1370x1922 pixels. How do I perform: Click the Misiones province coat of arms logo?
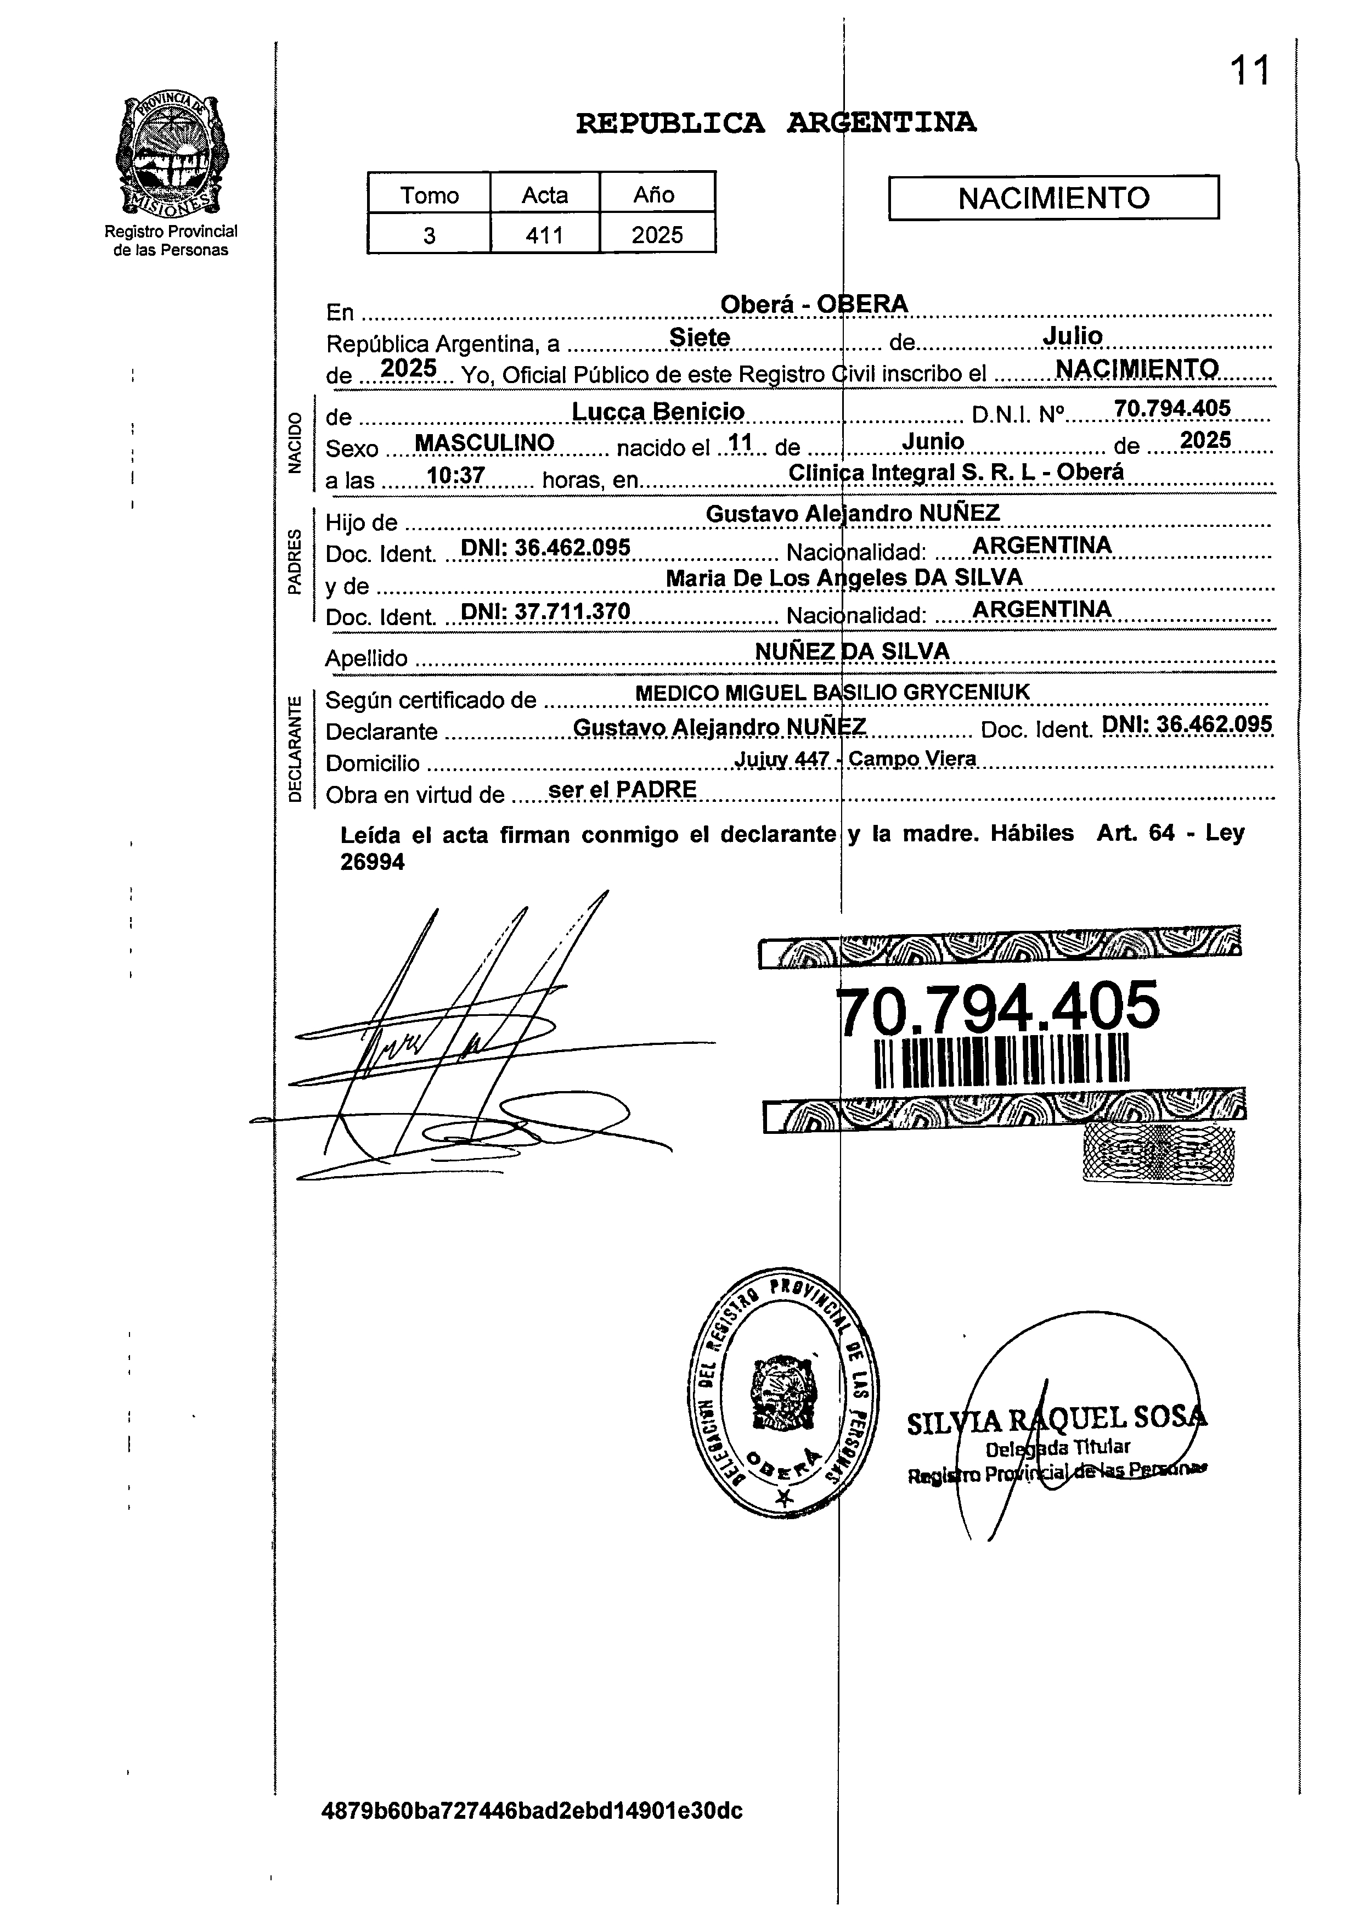(171, 154)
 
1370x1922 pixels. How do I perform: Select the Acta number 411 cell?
(545, 234)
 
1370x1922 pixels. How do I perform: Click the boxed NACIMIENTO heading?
(1053, 198)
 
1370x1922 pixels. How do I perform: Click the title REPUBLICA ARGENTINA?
(776, 123)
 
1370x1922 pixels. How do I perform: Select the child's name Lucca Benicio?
(658, 411)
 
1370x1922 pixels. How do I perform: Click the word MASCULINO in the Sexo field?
(484, 443)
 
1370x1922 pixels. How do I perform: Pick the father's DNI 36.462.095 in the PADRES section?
(546, 548)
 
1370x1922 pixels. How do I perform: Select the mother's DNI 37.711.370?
(546, 611)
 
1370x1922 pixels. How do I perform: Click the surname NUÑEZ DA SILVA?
(852, 650)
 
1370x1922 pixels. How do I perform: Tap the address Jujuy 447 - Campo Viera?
(855, 758)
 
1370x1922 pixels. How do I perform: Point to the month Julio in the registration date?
(1072, 336)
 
